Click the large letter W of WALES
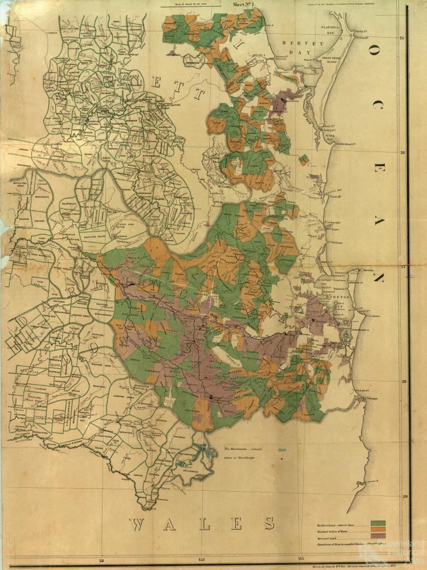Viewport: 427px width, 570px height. (x=138, y=524)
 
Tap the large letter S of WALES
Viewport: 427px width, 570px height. (x=269, y=523)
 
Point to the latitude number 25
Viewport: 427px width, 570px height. (x=402, y=38)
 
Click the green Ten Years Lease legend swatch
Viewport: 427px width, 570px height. (x=378, y=523)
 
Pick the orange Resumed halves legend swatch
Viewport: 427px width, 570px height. (x=378, y=529)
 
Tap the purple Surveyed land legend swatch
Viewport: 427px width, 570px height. (x=378, y=535)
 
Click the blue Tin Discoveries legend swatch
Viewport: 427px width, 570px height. (x=282, y=449)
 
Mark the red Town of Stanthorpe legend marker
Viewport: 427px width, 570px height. (x=282, y=458)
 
